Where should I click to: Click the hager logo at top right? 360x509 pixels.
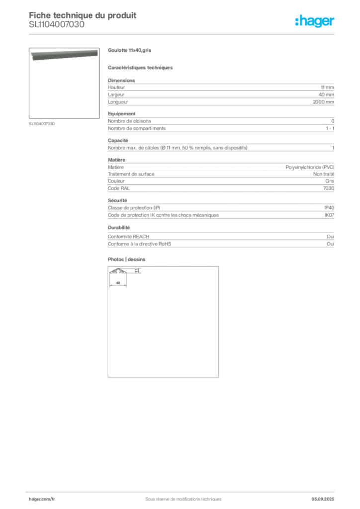pyautogui.click(x=315, y=21)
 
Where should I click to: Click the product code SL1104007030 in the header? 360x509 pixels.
pyautogui.click(x=57, y=25)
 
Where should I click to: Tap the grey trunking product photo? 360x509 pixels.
pyautogui.click(x=65, y=55)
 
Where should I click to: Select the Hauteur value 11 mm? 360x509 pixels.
pyautogui.click(x=327, y=87)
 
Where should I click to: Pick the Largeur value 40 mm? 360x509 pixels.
pyautogui.click(x=326, y=95)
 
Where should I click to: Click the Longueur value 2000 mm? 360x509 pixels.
pyautogui.click(x=323, y=102)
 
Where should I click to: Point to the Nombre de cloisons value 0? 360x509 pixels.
pyautogui.click(x=333, y=121)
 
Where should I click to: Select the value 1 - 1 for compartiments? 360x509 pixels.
pyautogui.click(x=330, y=128)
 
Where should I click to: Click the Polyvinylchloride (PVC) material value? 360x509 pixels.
pyautogui.click(x=310, y=167)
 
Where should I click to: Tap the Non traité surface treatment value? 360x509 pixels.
pyautogui.click(x=324, y=174)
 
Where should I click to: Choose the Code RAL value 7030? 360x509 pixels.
pyautogui.click(x=329, y=188)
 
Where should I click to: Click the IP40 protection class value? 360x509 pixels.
pyautogui.click(x=329, y=208)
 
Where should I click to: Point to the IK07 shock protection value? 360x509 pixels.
pyautogui.click(x=329, y=215)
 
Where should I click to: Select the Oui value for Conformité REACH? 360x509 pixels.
pyautogui.click(x=331, y=236)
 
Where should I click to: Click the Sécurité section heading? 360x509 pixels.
pyautogui.click(x=117, y=201)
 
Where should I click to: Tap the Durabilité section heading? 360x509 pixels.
pyautogui.click(x=119, y=228)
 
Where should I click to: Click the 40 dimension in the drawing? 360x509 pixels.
pyautogui.click(x=118, y=283)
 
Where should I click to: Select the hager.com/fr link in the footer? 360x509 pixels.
pyautogui.click(x=42, y=499)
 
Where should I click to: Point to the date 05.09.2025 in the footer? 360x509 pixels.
pyautogui.click(x=323, y=499)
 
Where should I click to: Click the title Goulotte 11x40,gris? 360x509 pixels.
pyautogui.click(x=129, y=50)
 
